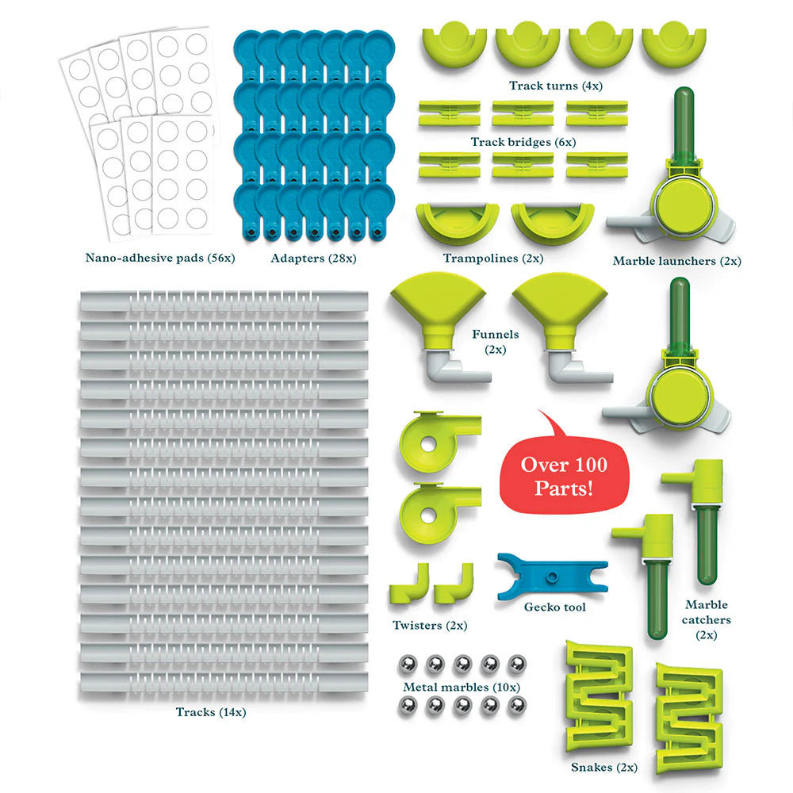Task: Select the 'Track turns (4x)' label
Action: [555, 86]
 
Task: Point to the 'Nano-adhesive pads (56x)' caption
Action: [160, 258]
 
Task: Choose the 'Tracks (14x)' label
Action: [211, 712]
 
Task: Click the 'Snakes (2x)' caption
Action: [604, 768]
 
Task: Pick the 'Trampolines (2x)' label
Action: [482, 258]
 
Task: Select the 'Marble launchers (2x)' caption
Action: [677, 260]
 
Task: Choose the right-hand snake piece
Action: [688, 710]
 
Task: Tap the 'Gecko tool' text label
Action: [555, 607]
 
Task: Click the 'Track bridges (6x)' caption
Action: [523, 142]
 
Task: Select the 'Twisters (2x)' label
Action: [430, 626]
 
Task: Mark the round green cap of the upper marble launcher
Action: [682, 205]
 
